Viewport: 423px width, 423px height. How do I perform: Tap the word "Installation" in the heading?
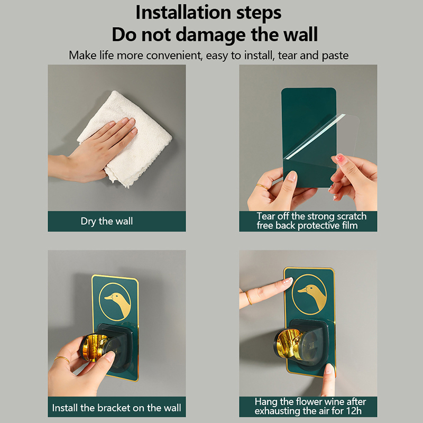183,12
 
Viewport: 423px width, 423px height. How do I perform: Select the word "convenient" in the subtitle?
174,56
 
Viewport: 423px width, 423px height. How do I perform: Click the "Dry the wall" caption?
107,221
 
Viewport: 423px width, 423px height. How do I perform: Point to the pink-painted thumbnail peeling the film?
340,158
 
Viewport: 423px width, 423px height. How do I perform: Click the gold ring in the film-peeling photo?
261,187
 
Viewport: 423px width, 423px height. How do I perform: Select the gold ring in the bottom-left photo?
62,359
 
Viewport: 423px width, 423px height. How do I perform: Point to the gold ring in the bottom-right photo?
249,298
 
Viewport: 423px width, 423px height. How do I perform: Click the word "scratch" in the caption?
352,216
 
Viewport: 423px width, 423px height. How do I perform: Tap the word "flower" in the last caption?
309,402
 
